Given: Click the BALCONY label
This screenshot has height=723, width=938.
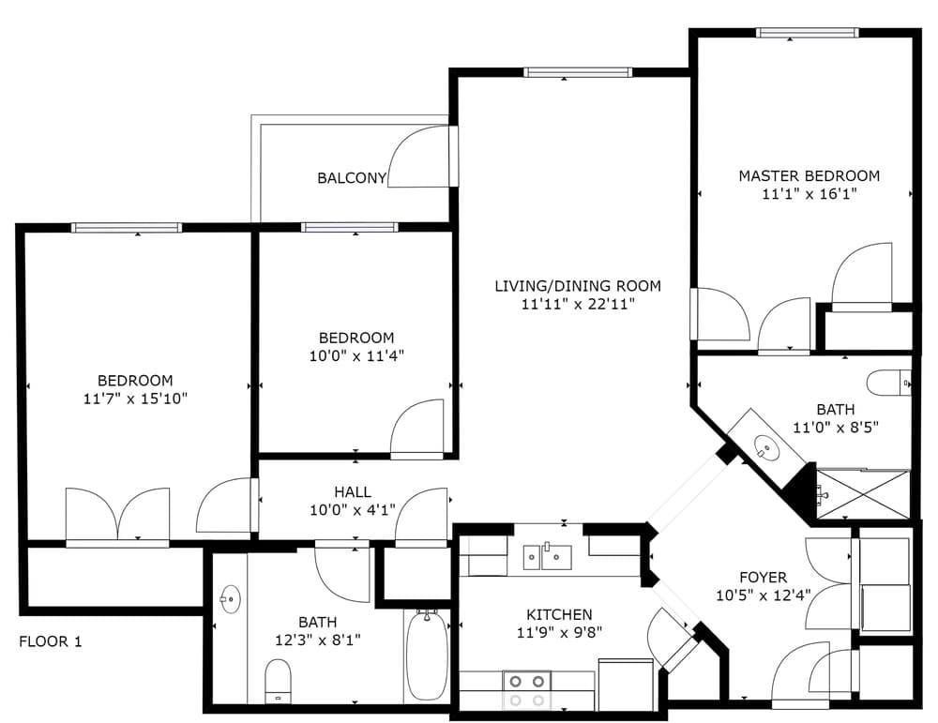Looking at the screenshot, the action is pyautogui.click(x=352, y=177).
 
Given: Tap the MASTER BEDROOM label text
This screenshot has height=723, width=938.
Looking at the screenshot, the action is pyautogui.click(x=809, y=175).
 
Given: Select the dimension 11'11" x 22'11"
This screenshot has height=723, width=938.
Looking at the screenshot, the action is pyautogui.click(x=577, y=304).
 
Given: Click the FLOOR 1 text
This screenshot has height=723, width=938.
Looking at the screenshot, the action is pyautogui.click(x=51, y=641).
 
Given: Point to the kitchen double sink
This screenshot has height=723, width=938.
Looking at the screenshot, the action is pyautogui.click(x=548, y=557).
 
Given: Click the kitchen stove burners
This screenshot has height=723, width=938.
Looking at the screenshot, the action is pyautogui.click(x=527, y=689).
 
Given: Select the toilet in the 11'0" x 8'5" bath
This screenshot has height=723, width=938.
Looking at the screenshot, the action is pyautogui.click(x=888, y=383).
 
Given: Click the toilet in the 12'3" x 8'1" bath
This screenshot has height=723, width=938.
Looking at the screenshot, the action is pyautogui.click(x=278, y=682).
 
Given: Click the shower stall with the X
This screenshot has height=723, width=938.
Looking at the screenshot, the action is pyautogui.click(x=863, y=493).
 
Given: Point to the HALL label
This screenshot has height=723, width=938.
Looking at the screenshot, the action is pyautogui.click(x=353, y=492).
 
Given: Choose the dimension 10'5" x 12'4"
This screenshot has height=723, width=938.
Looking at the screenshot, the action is pyautogui.click(x=764, y=595).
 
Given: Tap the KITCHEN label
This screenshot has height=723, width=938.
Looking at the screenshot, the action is pyautogui.click(x=559, y=614).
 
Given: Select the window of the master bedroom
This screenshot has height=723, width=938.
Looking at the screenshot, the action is pyautogui.click(x=807, y=33).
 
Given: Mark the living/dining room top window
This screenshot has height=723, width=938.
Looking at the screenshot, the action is pyautogui.click(x=577, y=72).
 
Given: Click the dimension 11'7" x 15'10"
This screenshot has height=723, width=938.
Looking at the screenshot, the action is pyautogui.click(x=136, y=399).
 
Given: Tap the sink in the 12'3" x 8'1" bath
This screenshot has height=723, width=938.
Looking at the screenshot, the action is pyautogui.click(x=231, y=598).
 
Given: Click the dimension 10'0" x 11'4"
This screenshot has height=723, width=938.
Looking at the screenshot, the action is pyautogui.click(x=356, y=355).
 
